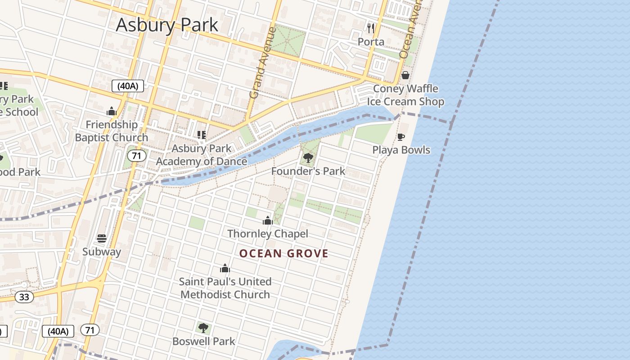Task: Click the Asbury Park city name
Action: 167,25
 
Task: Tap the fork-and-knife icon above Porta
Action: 371,28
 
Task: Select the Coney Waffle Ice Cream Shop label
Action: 405,95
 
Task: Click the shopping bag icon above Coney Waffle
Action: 405,75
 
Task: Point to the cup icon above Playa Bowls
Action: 401,137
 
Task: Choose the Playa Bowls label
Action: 401,150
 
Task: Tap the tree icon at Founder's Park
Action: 308,158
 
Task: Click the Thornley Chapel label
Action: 268,234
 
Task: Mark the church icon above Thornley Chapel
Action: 268,220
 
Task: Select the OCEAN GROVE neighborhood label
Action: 284,253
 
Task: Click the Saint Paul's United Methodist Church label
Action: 225,288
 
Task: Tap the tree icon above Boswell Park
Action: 203,328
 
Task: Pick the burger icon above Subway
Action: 102,238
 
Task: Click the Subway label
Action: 102,252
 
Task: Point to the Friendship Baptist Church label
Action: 112,131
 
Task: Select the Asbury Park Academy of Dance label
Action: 202,155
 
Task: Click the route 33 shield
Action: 24,297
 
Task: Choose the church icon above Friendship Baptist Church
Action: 112,111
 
